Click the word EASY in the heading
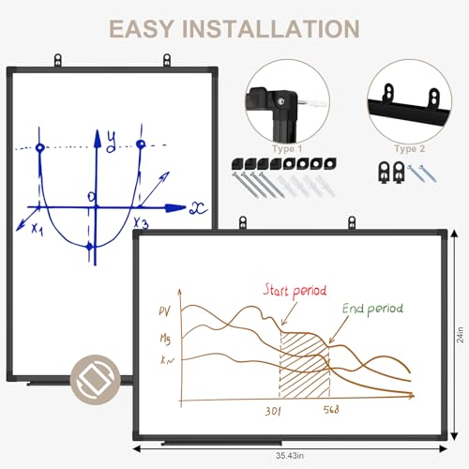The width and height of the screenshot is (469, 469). [x=141, y=29]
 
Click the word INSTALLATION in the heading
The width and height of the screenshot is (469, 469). [x=271, y=29]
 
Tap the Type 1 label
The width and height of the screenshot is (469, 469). [x=287, y=149]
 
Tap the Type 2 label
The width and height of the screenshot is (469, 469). [x=409, y=149]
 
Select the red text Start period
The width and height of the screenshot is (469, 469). [x=295, y=291]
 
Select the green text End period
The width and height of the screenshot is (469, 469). [x=372, y=309]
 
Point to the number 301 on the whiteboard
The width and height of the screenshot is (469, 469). [x=273, y=411]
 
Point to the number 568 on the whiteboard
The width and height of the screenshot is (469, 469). [x=331, y=409]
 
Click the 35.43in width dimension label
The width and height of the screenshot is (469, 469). [x=290, y=456]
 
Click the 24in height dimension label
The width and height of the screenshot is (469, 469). [x=460, y=335]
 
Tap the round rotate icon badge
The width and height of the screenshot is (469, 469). [x=95, y=380]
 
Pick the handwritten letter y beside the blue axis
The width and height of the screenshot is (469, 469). [x=111, y=142]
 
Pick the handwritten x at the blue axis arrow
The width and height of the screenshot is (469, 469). [x=198, y=208]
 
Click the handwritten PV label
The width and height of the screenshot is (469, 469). [x=165, y=311]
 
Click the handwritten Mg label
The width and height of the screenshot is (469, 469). [x=165, y=340]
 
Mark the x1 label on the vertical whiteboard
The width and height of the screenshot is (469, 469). [x=38, y=229]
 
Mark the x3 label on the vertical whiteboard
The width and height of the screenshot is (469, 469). [x=141, y=223]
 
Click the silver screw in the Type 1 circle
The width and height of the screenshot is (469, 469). [x=281, y=101]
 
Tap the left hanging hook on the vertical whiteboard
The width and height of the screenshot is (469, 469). [x=58, y=60]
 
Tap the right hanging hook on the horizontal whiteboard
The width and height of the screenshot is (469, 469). [x=352, y=223]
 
